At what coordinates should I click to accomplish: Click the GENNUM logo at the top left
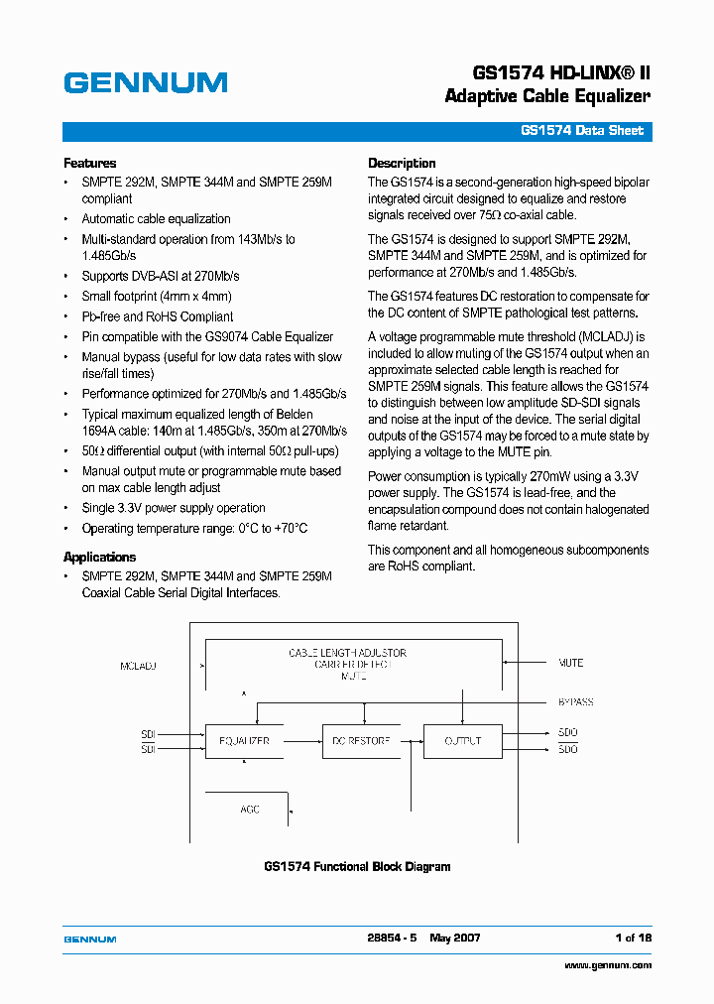click(145, 83)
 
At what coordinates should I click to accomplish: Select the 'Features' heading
click(89, 163)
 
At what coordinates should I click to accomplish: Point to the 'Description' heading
click(402, 163)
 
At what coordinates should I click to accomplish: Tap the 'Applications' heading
click(99, 557)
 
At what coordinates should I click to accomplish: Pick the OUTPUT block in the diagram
click(462, 741)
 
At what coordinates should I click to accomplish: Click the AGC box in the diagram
click(249, 810)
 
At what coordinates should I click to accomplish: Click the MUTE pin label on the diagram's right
click(570, 662)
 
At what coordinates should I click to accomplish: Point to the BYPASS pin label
click(575, 702)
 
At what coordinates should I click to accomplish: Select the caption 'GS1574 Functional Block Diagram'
click(357, 867)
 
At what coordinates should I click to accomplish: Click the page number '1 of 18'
click(633, 938)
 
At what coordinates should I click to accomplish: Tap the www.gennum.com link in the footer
click(608, 965)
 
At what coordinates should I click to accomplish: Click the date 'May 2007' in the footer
click(455, 938)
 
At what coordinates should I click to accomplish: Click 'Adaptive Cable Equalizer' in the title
click(547, 96)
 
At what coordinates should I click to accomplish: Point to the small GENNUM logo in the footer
click(90, 939)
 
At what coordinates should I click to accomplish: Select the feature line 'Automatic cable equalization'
click(156, 219)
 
